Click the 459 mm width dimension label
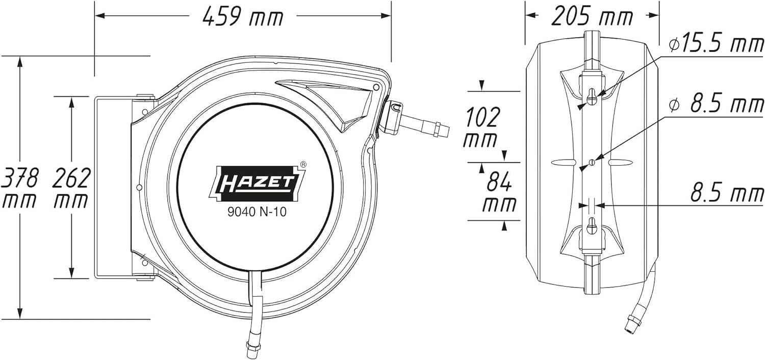coord(243,16)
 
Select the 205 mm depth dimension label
coord(592,16)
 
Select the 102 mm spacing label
coord(481,127)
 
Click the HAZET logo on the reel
coord(256,183)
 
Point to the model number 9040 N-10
coord(257,213)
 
